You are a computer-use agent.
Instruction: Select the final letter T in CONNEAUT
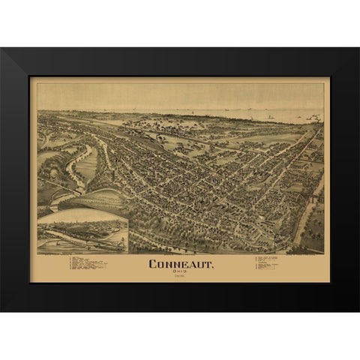pos(208,262)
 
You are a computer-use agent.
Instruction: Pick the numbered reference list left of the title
pos(87,264)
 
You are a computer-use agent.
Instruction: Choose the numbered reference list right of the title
pos(271,264)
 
